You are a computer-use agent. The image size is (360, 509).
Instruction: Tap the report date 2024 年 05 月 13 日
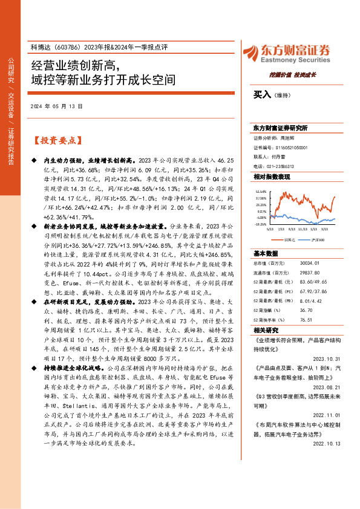coord(55,106)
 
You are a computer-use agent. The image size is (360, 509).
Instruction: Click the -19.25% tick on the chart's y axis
coord(260,224)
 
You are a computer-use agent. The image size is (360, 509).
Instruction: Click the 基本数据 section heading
coord(266,253)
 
